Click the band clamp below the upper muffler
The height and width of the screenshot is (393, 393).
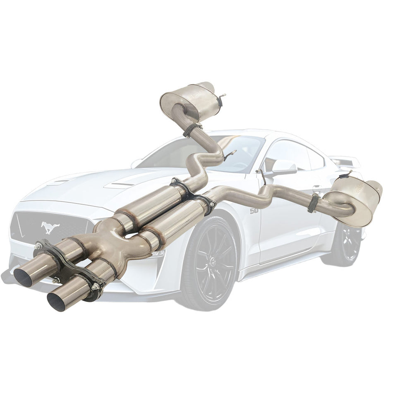click(191, 129)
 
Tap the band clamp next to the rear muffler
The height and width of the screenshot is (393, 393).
click(313, 203)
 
